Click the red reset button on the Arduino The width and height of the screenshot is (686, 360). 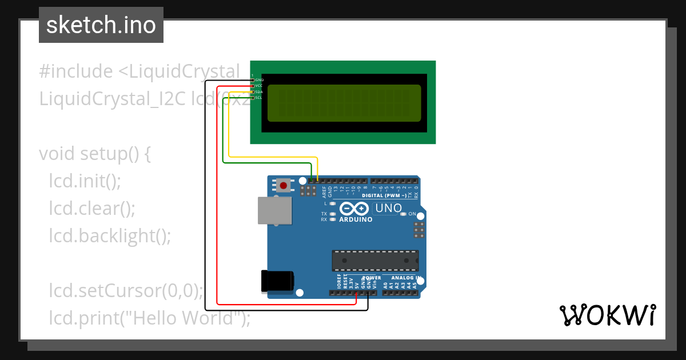[x=283, y=185]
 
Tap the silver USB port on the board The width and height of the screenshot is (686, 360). [x=271, y=210]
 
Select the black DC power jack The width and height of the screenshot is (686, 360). [x=277, y=281]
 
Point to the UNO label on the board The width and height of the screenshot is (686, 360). [x=388, y=209]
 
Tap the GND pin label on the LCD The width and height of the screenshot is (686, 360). [x=260, y=79]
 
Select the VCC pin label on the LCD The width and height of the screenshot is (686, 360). [x=259, y=86]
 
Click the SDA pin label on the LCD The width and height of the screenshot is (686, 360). [x=259, y=92]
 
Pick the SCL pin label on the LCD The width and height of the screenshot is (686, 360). [x=258, y=98]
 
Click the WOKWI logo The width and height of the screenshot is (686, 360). [x=607, y=315]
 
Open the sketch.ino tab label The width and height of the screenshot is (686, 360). [x=101, y=25]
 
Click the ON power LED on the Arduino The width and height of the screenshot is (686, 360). [x=403, y=214]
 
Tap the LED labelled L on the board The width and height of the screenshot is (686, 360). [x=333, y=203]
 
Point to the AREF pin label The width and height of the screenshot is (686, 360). [x=324, y=191]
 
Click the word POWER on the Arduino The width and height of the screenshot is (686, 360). [x=373, y=278]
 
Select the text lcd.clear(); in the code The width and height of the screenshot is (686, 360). [x=92, y=209]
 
